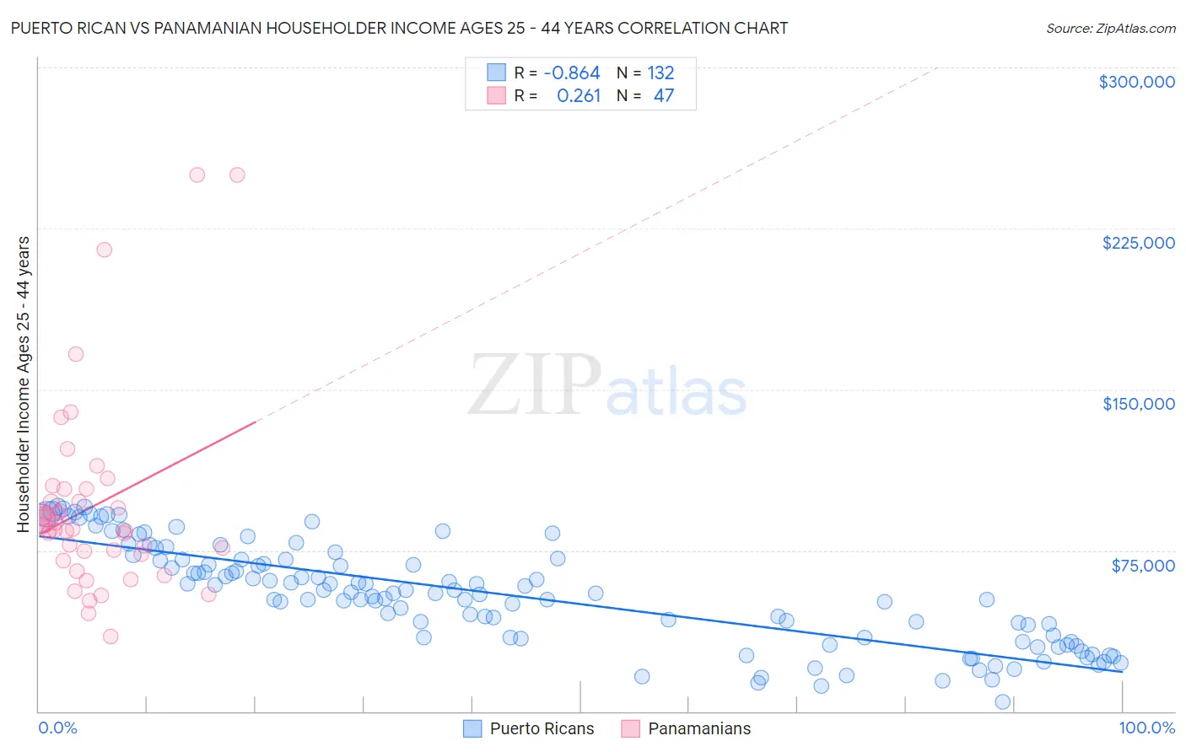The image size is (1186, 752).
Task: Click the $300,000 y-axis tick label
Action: coord(1136,82)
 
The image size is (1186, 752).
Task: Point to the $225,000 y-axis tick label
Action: coord(1138,243)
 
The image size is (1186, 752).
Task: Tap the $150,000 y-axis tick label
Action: coord(1138,404)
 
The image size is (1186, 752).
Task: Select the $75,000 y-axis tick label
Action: coord(1143,566)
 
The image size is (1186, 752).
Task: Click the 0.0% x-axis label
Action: coord(57,728)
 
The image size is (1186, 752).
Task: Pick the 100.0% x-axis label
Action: coord(1146,728)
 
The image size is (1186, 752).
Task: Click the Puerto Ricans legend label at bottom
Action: coord(542,728)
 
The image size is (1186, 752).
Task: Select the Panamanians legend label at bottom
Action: coord(699,728)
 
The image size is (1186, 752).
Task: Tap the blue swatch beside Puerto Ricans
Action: coord(473,728)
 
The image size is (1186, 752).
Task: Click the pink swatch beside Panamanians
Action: coord(631,728)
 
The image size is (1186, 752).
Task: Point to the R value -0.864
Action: coord(572,73)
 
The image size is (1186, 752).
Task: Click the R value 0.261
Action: coord(579,96)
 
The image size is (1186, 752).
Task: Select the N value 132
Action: coord(660,73)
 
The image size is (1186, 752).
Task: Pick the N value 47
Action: coord(664,96)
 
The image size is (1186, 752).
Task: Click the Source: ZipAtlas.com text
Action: coord(1110,29)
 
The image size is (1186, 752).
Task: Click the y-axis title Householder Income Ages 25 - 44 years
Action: coord(24,384)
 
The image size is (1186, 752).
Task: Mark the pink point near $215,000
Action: coord(104,250)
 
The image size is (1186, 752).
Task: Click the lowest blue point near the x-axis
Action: coord(1003,701)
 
